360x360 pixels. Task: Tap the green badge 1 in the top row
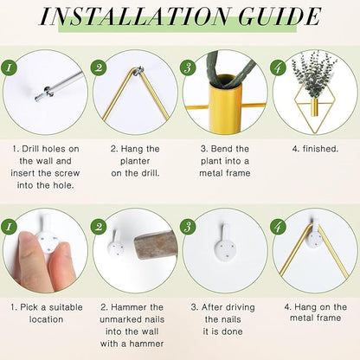click(10, 67)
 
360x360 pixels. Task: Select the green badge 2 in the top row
click(100, 67)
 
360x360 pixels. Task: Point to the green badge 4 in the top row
click(280, 67)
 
